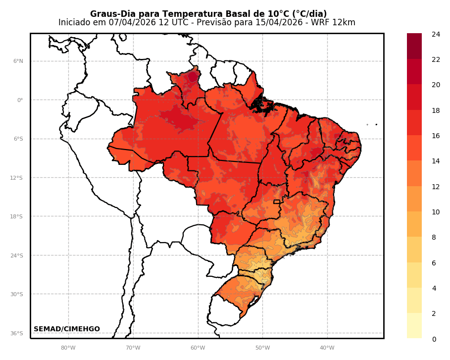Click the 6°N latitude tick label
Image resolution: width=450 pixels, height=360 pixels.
18,61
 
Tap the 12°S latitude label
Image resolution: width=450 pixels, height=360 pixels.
17,178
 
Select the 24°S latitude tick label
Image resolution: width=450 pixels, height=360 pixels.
17,256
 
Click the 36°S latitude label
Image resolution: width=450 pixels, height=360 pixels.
17,333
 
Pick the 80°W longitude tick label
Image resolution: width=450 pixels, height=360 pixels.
68,348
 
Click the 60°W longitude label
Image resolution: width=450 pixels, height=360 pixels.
198,348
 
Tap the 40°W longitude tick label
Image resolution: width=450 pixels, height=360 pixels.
327,348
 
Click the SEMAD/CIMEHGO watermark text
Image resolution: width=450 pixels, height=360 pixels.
67,329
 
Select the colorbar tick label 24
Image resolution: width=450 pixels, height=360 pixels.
436,34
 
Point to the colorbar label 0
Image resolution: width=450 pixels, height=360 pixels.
434,339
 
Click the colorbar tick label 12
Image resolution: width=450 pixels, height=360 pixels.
436,187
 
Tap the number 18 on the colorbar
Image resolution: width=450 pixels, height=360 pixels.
436,110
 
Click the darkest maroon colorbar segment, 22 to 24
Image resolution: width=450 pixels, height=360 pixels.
414,46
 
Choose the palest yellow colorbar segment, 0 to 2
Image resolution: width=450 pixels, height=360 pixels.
414,326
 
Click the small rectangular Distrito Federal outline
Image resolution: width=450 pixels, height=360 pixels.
277,202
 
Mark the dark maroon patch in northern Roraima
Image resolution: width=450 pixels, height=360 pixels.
193,76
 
